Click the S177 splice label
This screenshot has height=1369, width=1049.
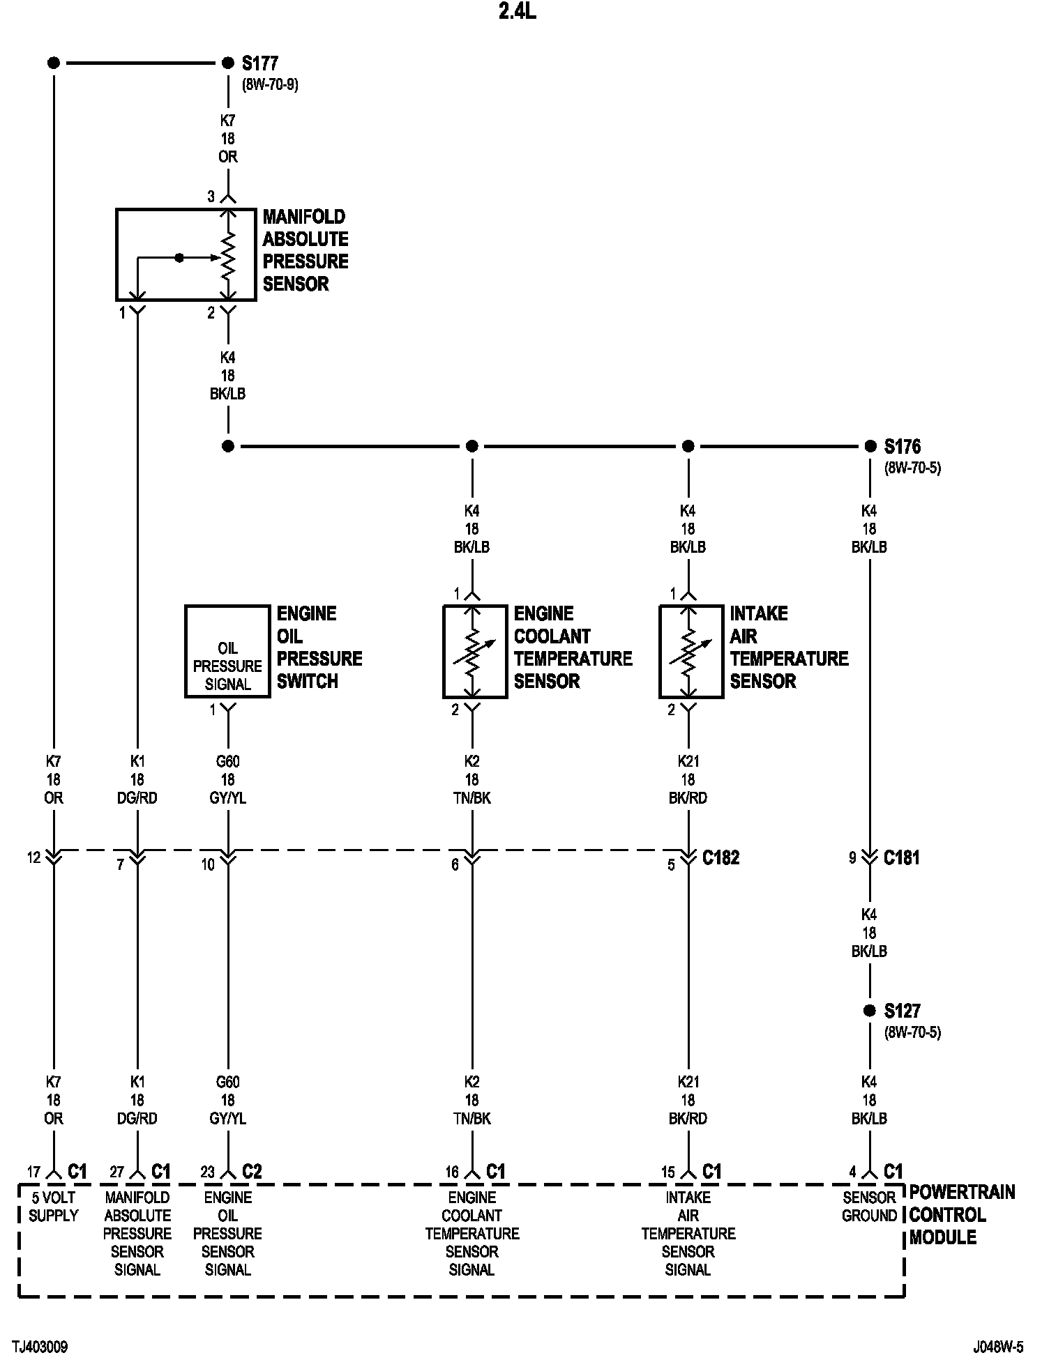tap(260, 63)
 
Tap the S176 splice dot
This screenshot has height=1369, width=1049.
tap(870, 446)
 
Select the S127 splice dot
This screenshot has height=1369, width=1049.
tap(870, 1010)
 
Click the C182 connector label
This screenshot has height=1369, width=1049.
tap(721, 857)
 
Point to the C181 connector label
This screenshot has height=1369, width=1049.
tap(902, 857)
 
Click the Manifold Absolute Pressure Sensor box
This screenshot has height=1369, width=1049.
tap(186, 254)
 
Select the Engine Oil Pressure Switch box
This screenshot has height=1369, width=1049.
tap(227, 651)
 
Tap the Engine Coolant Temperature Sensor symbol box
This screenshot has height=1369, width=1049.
tap(475, 651)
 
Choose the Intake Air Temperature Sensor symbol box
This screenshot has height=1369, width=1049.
tap(691, 651)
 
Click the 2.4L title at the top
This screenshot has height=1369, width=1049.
tap(518, 12)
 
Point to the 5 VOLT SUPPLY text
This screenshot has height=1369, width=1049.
tap(54, 1206)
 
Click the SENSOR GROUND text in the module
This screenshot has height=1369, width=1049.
tap(869, 1206)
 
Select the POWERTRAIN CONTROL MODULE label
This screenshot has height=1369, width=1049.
tap(963, 1215)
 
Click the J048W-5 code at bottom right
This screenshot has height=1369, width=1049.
tap(998, 1347)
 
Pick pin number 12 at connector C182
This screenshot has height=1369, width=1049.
tap(34, 857)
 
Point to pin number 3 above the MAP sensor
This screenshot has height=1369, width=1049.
tap(211, 197)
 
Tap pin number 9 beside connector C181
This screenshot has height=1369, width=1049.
tap(852, 857)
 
